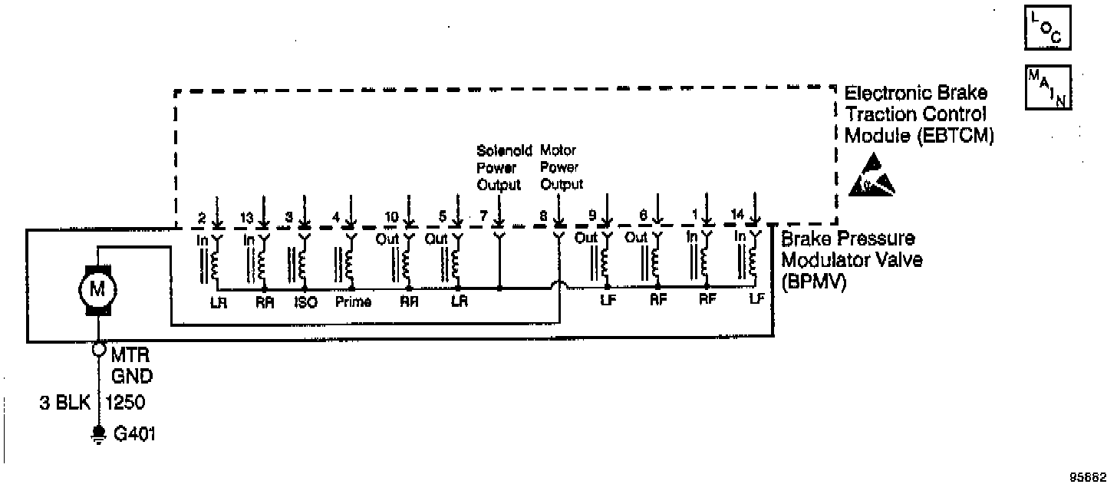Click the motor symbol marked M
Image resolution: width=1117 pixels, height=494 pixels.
(x=97, y=290)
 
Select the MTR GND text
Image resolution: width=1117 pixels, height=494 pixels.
(x=132, y=367)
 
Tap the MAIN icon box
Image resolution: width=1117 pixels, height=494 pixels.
(x=1048, y=87)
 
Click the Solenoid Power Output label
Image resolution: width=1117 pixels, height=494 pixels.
(x=499, y=167)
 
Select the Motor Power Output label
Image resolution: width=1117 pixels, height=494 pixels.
(x=562, y=167)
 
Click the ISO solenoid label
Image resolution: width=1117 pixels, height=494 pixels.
(x=305, y=302)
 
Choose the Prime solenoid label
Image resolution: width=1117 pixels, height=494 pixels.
(x=354, y=302)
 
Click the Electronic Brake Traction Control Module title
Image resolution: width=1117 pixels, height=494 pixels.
(x=916, y=114)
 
